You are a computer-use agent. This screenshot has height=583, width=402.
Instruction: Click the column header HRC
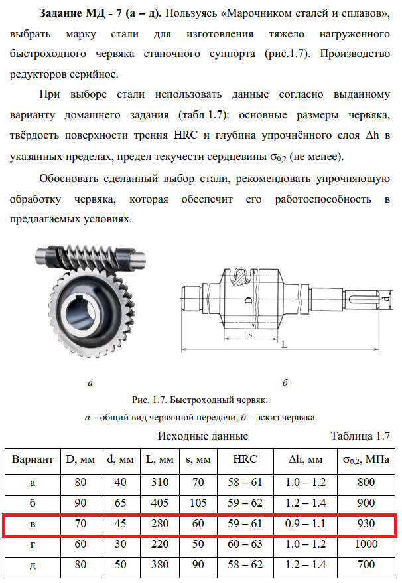point(245,459)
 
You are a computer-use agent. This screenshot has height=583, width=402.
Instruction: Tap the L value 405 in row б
point(160,503)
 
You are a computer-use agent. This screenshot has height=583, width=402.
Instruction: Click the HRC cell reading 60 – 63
point(245,545)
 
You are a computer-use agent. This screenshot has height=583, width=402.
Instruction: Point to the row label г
point(33,545)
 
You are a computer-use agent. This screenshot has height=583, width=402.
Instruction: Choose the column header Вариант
point(33,459)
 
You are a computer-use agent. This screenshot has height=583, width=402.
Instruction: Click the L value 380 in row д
point(160,566)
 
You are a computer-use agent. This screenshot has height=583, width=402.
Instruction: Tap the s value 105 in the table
point(198,503)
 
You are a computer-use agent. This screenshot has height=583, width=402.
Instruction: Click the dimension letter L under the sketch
point(283,345)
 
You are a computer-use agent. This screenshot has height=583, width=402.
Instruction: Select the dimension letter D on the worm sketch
point(247,299)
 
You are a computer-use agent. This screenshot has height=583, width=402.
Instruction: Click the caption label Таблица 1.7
point(360,436)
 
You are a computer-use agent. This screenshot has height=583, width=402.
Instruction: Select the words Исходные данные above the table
point(202,436)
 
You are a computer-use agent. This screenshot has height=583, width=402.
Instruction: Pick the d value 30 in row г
point(121,545)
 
